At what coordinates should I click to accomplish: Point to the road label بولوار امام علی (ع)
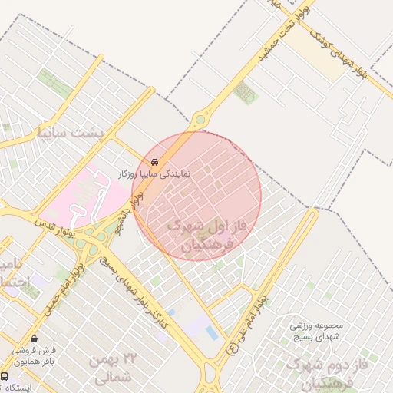pos(250,322)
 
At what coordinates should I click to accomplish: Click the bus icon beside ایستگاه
pos(5,377)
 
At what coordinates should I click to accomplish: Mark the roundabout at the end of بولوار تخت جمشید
pos(201,119)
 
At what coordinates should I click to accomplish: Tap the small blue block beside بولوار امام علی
pos(210,332)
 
